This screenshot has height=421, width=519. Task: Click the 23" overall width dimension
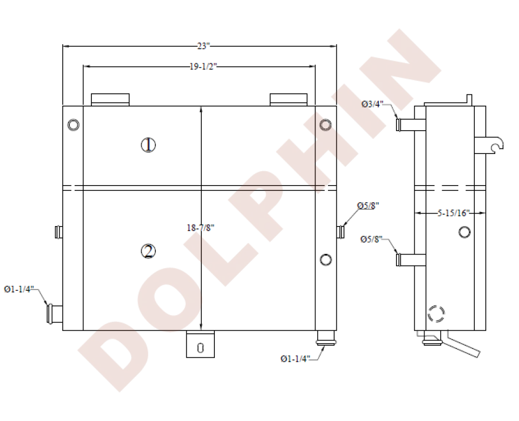[x=203, y=46]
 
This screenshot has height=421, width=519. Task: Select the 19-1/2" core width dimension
[x=203, y=66]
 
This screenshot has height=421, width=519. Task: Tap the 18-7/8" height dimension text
[x=200, y=228]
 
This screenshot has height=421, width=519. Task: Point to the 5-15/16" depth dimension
[x=454, y=213]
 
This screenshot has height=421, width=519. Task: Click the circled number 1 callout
[x=148, y=145]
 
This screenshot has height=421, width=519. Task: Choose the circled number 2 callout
[x=148, y=251]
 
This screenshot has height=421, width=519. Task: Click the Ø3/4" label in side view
[x=372, y=104]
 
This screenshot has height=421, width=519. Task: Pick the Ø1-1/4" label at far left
[x=19, y=289]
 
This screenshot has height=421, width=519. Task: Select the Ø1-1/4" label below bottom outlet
[x=295, y=358]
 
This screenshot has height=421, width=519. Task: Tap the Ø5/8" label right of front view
[x=368, y=205]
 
